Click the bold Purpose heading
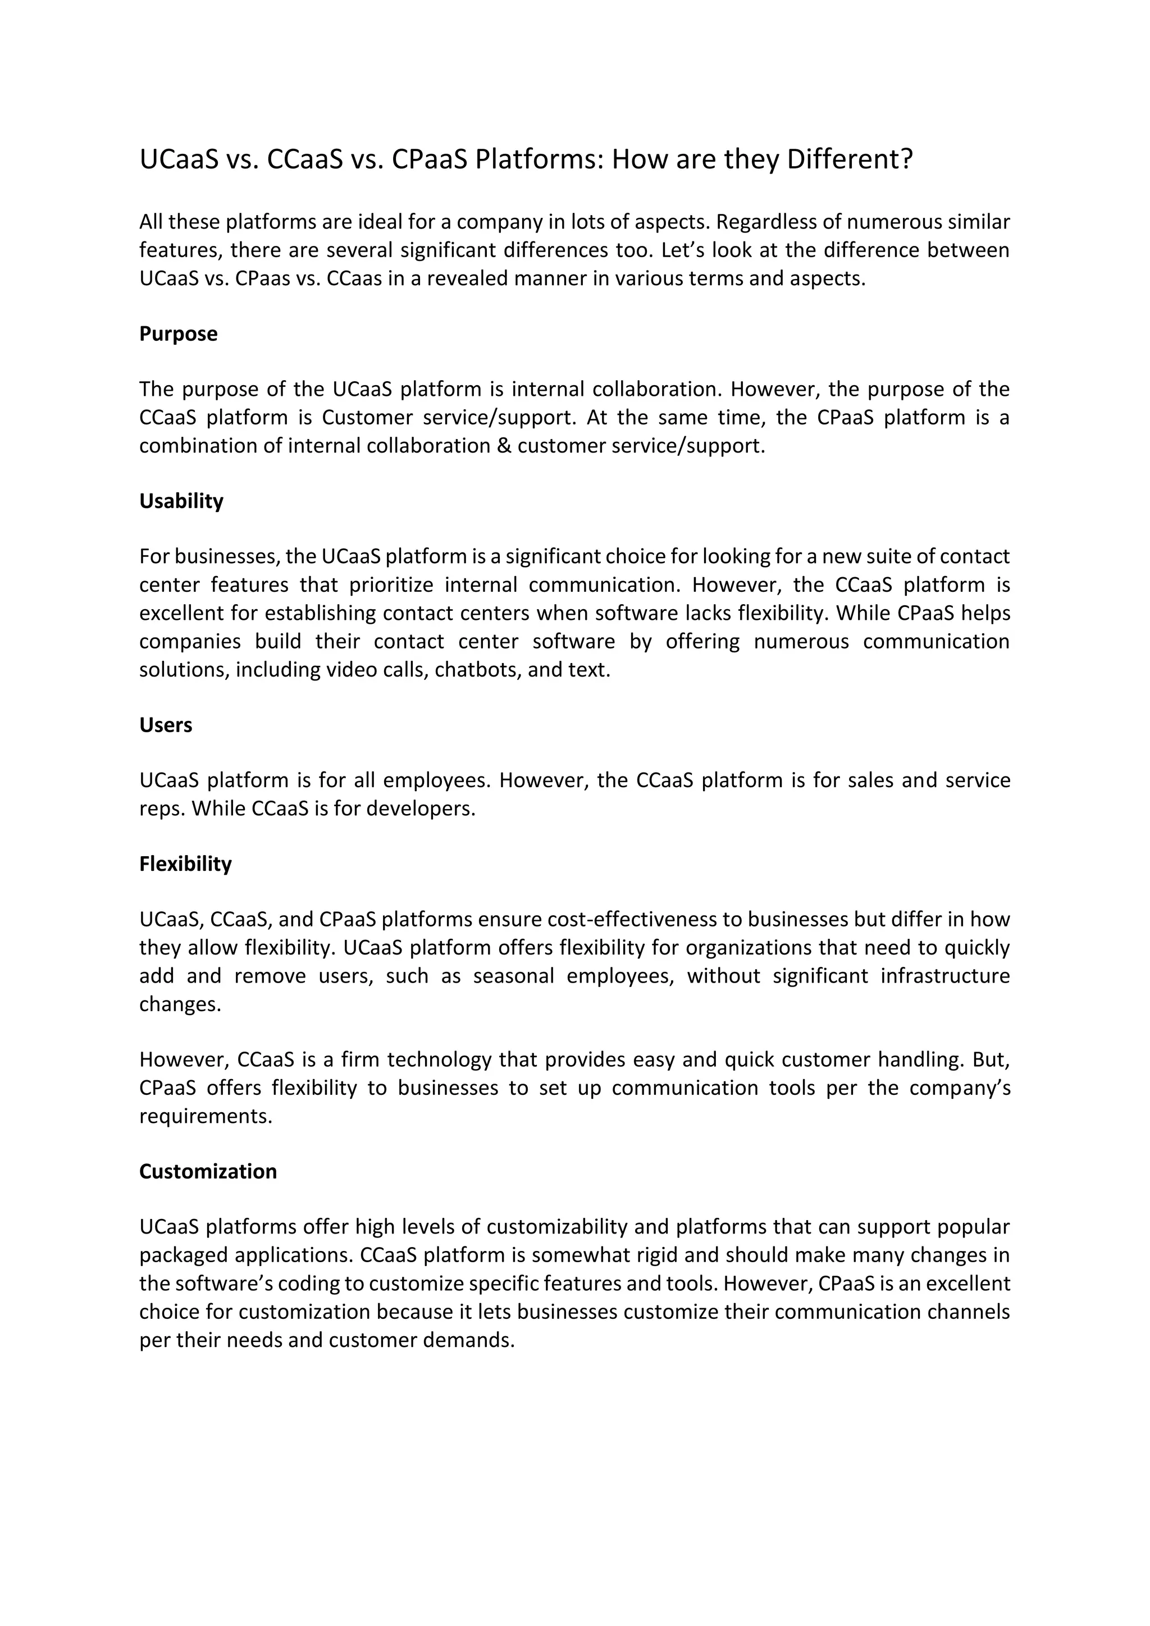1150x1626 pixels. (179, 334)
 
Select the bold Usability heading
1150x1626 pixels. (181, 501)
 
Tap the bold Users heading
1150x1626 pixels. (166, 725)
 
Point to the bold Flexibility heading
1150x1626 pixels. (185, 864)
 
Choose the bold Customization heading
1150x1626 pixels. (208, 1171)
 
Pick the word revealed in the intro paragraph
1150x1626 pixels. (468, 279)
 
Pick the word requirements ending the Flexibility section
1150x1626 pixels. (206, 1116)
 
